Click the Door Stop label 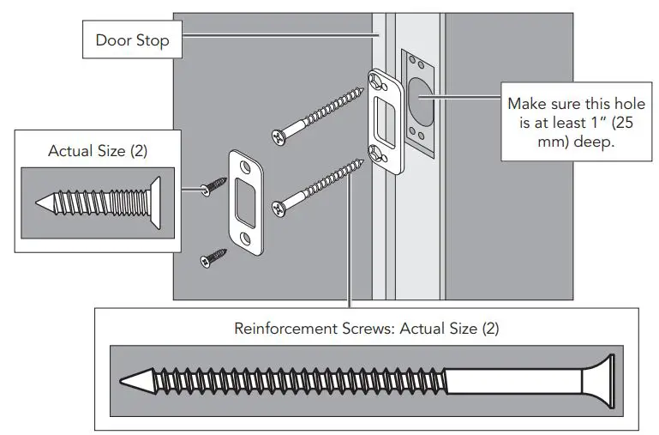(132, 40)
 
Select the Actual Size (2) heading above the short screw (98, 150)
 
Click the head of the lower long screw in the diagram (278, 207)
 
